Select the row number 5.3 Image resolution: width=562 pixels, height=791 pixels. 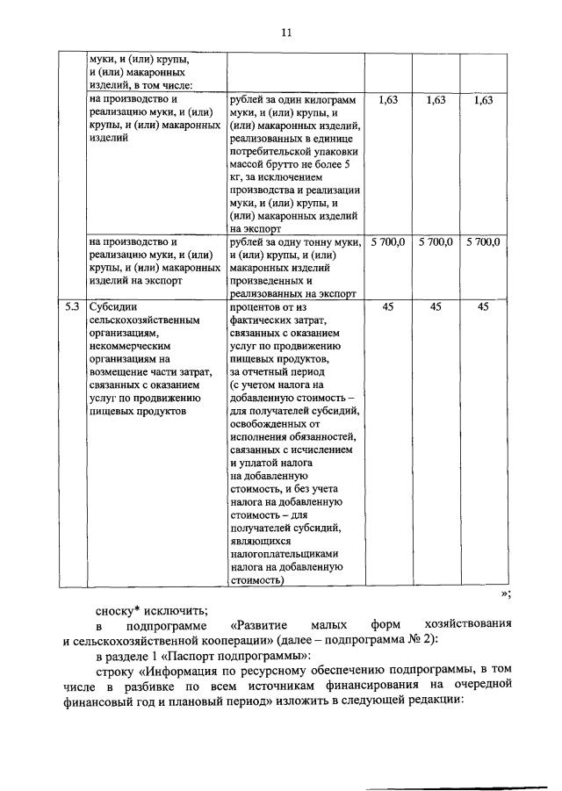(73, 307)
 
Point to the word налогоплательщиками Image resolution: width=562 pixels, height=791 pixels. (285, 555)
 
